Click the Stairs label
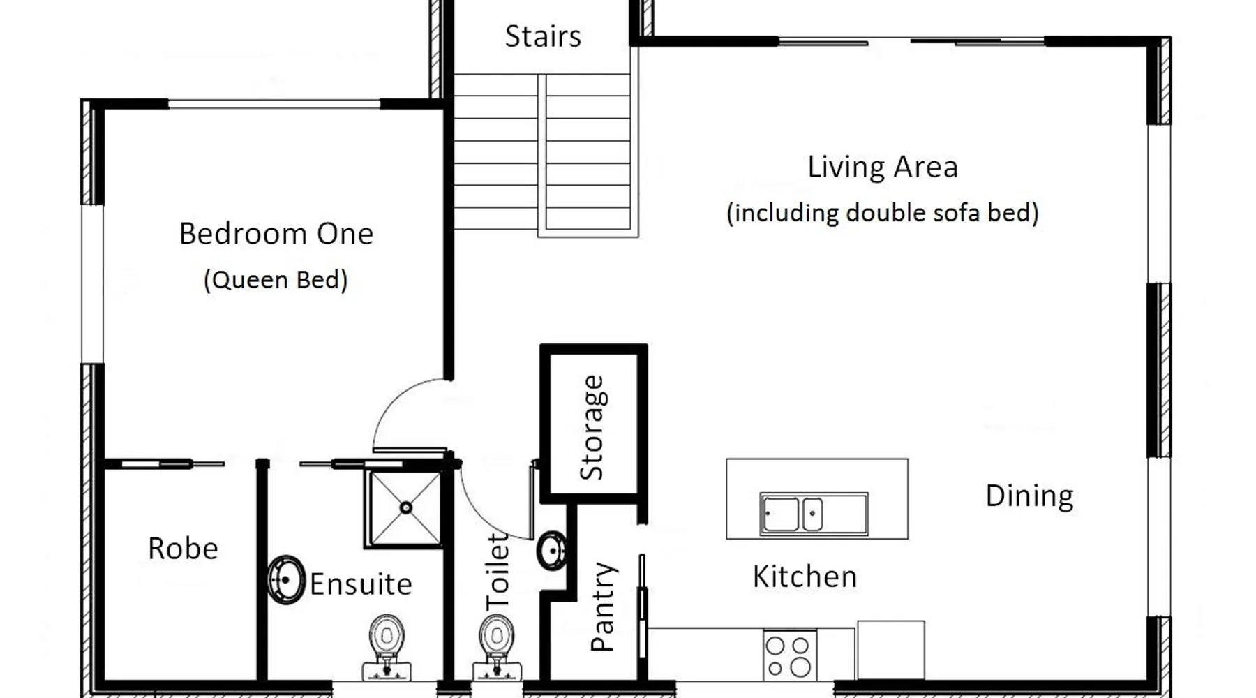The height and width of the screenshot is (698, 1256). point(543,36)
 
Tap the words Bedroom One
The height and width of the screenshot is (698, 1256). point(276,234)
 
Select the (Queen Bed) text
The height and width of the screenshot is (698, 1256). point(276,280)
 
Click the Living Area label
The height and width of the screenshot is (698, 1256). point(883,168)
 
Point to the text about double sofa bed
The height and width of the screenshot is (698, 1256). point(883,213)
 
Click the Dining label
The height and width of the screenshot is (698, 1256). point(1029,496)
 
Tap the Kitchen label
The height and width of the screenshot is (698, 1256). point(805,577)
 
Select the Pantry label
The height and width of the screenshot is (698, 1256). point(602,607)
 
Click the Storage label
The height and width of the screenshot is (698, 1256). point(593,427)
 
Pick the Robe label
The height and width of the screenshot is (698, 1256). point(183,549)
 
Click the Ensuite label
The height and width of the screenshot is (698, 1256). point(361,584)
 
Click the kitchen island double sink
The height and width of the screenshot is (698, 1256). point(814,514)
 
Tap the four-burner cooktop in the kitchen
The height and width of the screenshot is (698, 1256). point(789,655)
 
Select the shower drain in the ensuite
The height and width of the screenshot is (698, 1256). point(406,507)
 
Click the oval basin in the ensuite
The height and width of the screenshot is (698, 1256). point(286,579)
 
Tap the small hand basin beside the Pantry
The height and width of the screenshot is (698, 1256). point(552,550)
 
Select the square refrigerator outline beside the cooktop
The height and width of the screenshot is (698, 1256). point(891,650)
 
